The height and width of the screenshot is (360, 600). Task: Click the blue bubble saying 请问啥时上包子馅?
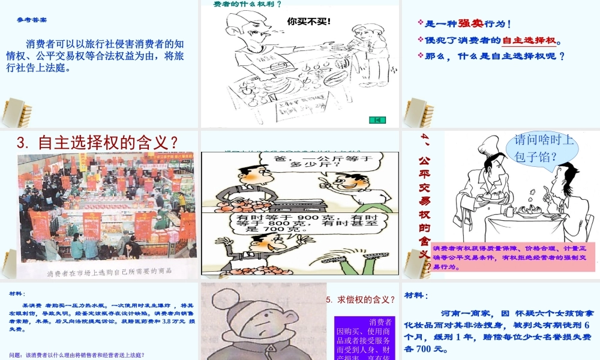(544, 149)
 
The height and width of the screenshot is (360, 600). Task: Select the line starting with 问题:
(77, 355)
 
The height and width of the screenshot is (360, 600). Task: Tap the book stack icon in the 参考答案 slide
(17, 112)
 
